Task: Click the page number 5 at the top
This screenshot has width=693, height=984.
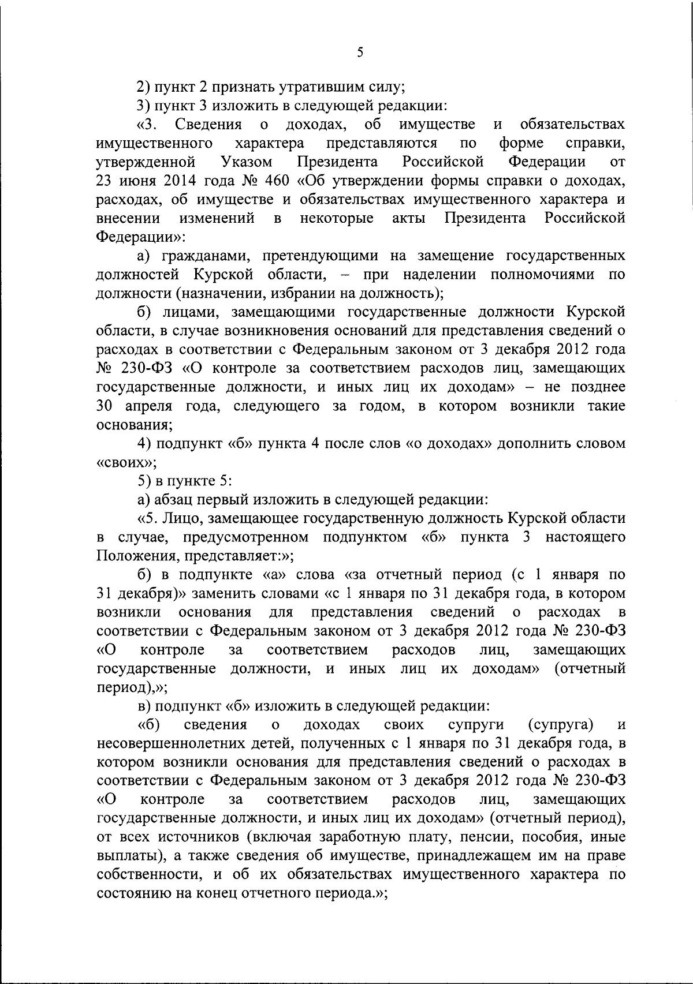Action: pos(360,53)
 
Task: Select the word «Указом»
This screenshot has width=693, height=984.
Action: pos(247,161)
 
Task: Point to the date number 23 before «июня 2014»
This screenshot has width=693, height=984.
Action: pos(105,181)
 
